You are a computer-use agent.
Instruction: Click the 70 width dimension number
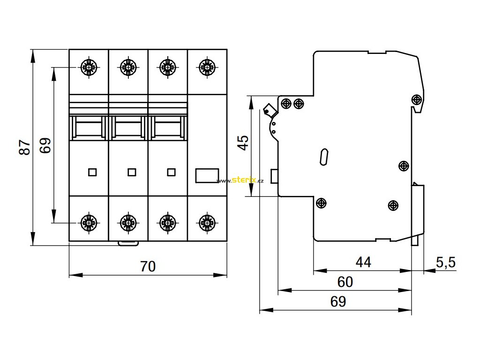[x=148, y=266]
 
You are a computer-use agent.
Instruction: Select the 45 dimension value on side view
[x=243, y=142]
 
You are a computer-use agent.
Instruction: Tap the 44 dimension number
[x=363, y=262]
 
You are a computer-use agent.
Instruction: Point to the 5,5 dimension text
[x=446, y=262]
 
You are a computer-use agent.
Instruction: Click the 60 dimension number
[x=345, y=282]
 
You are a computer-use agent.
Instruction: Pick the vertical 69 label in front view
[x=45, y=146]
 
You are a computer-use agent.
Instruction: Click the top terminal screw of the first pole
[x=89, y=67]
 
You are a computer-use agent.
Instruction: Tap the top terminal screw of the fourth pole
[x=207, y=67]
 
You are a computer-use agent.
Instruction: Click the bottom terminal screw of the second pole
[x=128, y=222]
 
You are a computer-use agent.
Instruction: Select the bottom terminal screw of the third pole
[x=167, y=222]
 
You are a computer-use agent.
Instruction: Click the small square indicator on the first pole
[x=92, y=172]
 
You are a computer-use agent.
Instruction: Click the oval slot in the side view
[x=323, y=157]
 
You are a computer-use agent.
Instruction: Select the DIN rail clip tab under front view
[x=127, y=243]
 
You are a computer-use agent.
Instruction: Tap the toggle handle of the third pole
[x=167, y=128]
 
